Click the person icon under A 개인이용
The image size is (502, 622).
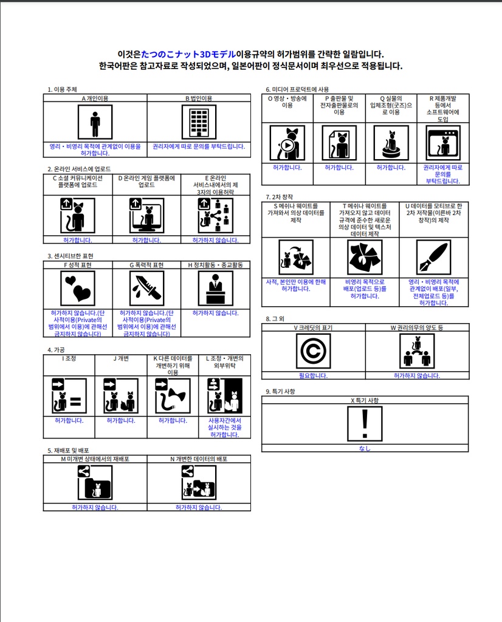[95, 122]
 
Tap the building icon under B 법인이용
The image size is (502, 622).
[199, 122]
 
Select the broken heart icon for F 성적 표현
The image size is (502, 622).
[78, 288]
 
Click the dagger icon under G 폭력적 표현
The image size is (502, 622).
[147, 288]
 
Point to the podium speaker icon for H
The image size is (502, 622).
[215, 288]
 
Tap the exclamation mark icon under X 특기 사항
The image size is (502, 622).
[365, 423]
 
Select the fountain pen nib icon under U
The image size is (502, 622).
[433, 257]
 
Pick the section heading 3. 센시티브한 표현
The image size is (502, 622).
[70, 256]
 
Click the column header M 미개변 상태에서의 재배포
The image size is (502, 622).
[95, 459]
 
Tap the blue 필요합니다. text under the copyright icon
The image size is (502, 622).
[313, 376]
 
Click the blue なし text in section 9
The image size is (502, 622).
[365, 449]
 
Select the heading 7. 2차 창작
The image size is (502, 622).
[280, 197]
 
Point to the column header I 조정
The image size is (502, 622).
[69, 358]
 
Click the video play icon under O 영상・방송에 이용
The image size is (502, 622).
[287, 143]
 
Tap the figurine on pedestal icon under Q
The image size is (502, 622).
[391, 143]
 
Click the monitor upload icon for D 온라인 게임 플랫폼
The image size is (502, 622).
[146, 216]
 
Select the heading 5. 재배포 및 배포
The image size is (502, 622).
[68, 451]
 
